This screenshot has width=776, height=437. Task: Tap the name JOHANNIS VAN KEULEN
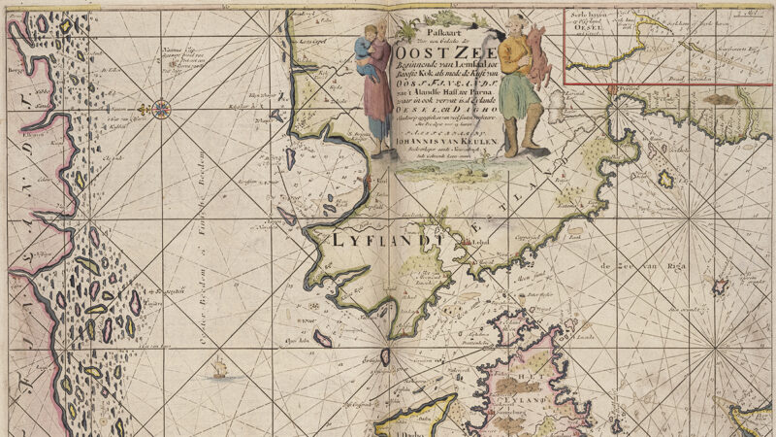coord(447,140)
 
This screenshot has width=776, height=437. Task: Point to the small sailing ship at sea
coord(219,368)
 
